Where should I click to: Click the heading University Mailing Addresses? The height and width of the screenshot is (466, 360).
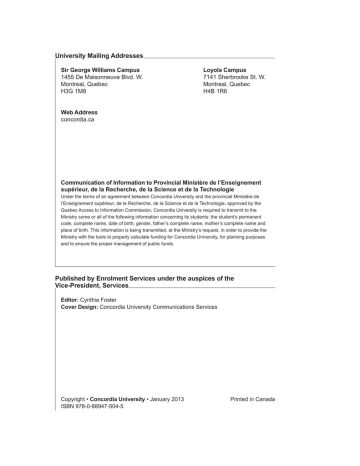(99, 56)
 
